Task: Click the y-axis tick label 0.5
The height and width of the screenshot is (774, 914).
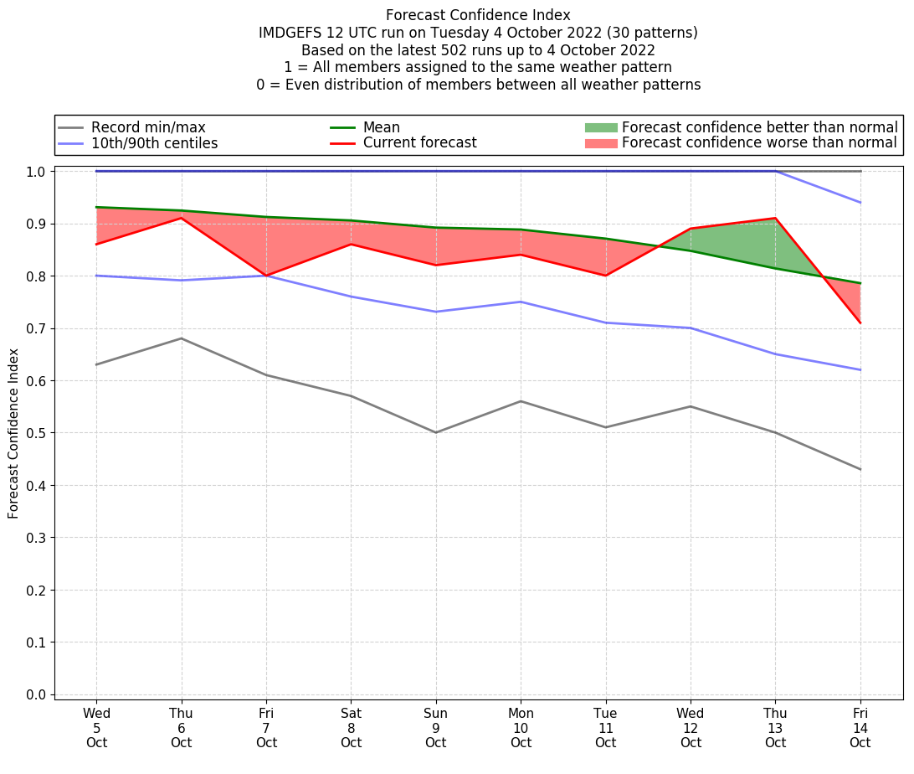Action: pos(36,433)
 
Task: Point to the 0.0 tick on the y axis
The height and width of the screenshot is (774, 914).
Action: pos(36,694)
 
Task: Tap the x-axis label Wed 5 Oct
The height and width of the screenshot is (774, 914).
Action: pos(96,727)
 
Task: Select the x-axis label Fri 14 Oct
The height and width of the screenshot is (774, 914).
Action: pos(860,727)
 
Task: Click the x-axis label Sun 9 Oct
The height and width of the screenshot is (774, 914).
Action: pos(435,727)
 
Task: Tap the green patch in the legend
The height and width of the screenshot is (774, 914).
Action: pos(600,127)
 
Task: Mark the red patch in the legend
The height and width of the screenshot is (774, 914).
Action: pos(600,143)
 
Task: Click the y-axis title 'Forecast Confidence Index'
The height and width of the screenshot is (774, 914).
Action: pos(13,434)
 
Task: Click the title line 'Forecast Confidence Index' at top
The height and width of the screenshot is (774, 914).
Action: pos(478,15)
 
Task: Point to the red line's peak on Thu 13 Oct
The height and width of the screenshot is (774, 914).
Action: pos(775,219)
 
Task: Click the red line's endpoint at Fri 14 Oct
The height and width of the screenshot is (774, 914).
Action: pos(860,322)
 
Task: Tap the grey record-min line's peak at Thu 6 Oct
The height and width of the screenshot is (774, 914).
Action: pos(181,338)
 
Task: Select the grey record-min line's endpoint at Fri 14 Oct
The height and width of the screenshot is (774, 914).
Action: pos(860,469)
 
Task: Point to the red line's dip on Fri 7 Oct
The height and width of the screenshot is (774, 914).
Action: pos(266,276)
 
